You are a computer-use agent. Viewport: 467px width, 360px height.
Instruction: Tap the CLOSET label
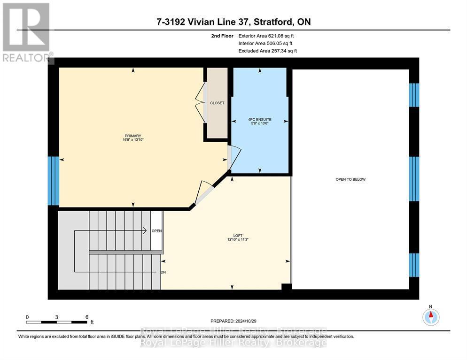coord(217,103)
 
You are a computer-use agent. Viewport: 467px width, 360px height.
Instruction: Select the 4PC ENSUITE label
coord(260,119)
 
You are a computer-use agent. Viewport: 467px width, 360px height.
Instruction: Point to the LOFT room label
coord(230,235)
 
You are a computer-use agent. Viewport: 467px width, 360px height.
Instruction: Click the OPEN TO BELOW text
coord(350,179)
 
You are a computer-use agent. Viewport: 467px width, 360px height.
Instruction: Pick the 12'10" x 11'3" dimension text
coord(230,239)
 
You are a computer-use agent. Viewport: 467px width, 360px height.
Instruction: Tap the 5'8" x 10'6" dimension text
coord(260,124)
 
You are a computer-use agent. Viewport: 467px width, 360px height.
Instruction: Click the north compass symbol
coord(430,317)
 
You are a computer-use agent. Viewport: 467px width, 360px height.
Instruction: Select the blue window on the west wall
coord(54,181)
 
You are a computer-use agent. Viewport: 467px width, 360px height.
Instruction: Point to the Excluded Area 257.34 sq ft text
coord(267,51)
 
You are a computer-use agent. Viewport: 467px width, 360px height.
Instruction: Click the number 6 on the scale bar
coord(86,317)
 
